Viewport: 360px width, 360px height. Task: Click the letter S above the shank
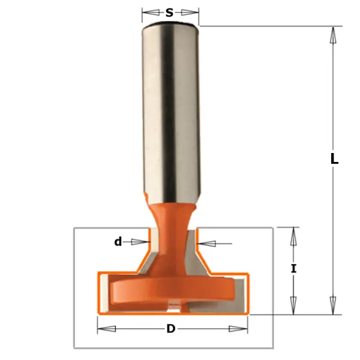point(170,11)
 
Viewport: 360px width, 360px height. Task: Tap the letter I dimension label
point(293,269)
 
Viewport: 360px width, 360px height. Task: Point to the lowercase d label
point(118,242)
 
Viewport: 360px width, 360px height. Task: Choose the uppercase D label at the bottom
point(171,329)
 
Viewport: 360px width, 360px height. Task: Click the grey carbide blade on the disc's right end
point(239,294)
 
